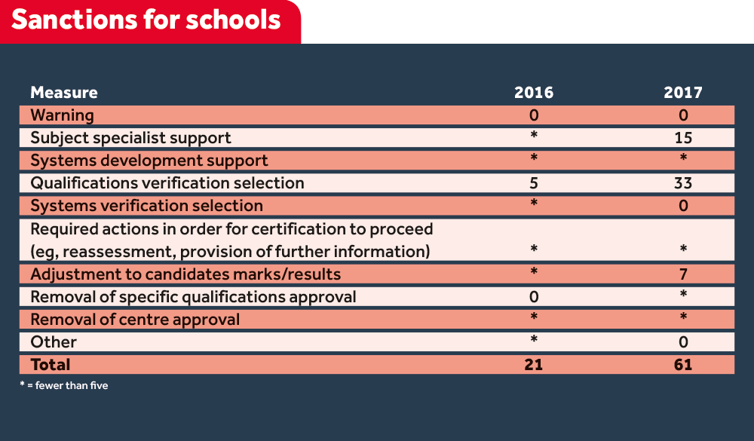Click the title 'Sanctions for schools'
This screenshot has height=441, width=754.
tap(146, 20)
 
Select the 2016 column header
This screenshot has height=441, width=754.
tap(533, 93)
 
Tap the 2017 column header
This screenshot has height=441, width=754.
tap(683, 93)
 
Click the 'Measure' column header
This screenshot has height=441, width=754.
tap(64, 93)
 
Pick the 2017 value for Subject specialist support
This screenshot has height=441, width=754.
tap(683, 138)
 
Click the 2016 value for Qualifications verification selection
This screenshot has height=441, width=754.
tap(533, 183)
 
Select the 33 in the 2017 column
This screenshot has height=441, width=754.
tap(683, 183)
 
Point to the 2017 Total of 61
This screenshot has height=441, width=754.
tap(683, 365)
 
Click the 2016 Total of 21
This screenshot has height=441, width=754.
tap(533, 365)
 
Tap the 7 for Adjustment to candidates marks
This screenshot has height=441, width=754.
tap(683, 274)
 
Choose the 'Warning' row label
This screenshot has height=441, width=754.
tap(62, 115)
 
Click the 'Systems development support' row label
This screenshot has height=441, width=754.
tap(149, 161)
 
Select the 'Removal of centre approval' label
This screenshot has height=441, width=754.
tap(135, 319)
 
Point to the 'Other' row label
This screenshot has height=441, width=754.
tap(54, 341)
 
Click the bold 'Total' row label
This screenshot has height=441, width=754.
tap(51, 365)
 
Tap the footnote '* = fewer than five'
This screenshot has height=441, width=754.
tap(64, 386)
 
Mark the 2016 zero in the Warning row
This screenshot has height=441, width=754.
tap(533, 115)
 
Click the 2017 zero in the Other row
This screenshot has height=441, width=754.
tap(683, 341)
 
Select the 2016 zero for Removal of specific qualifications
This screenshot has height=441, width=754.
tap(533, 297)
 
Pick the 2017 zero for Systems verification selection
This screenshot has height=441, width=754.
tap(683, 206)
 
